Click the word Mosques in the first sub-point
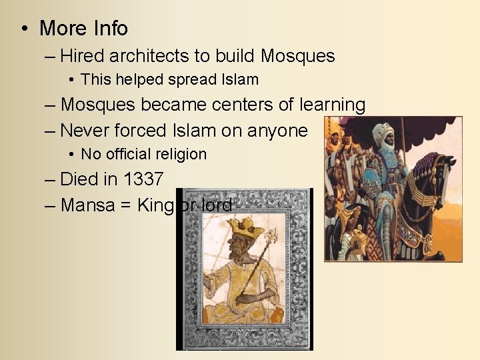(297, 56)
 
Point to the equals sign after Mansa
(125, 205)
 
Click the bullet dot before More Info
(25, 29)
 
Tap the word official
(126, 155)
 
